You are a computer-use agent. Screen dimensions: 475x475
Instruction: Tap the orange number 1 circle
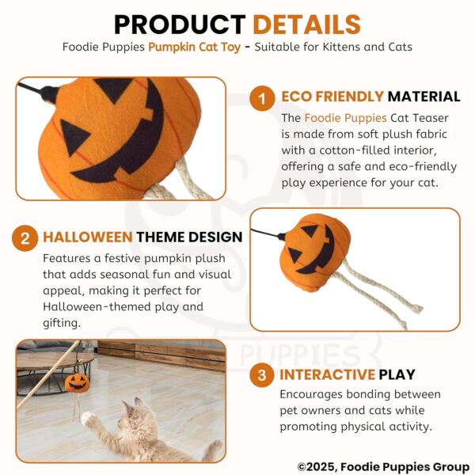[x=260, y=98]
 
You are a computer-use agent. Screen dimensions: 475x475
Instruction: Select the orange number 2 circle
[x=25, y=237]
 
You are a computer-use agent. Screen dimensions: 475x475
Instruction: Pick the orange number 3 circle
[x=260, y=375]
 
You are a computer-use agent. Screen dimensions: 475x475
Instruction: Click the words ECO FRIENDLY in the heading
[x=332, y=97]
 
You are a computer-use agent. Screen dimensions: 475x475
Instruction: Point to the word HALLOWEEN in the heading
[x=87, y=237]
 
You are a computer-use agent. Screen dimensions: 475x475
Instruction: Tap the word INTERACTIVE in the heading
[x=328, y=374]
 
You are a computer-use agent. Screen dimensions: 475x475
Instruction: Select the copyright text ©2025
[x=316, y=467]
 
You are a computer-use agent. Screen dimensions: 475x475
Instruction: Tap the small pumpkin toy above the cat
[x=77, y=381]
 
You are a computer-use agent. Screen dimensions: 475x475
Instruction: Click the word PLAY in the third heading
[x=399, y=374]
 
